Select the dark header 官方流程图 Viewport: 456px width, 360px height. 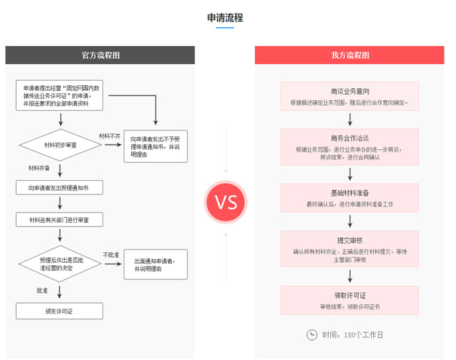point(100,55)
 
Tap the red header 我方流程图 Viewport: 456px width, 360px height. point(350,55)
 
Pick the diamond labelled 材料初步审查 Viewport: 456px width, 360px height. point(60,145)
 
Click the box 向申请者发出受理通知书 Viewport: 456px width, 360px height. point(60,188)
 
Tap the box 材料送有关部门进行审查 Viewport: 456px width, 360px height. point(60,219)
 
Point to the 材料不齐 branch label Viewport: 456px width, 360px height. point(109,136)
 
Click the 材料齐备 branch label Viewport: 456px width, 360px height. point(39,167)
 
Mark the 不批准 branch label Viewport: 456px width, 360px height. point(111,255)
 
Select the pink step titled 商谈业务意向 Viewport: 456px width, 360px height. point(350,96)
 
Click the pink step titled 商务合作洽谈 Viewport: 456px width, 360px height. point(350,147)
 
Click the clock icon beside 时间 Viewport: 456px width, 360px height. point(311,334)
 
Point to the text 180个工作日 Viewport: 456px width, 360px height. point(365,334)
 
